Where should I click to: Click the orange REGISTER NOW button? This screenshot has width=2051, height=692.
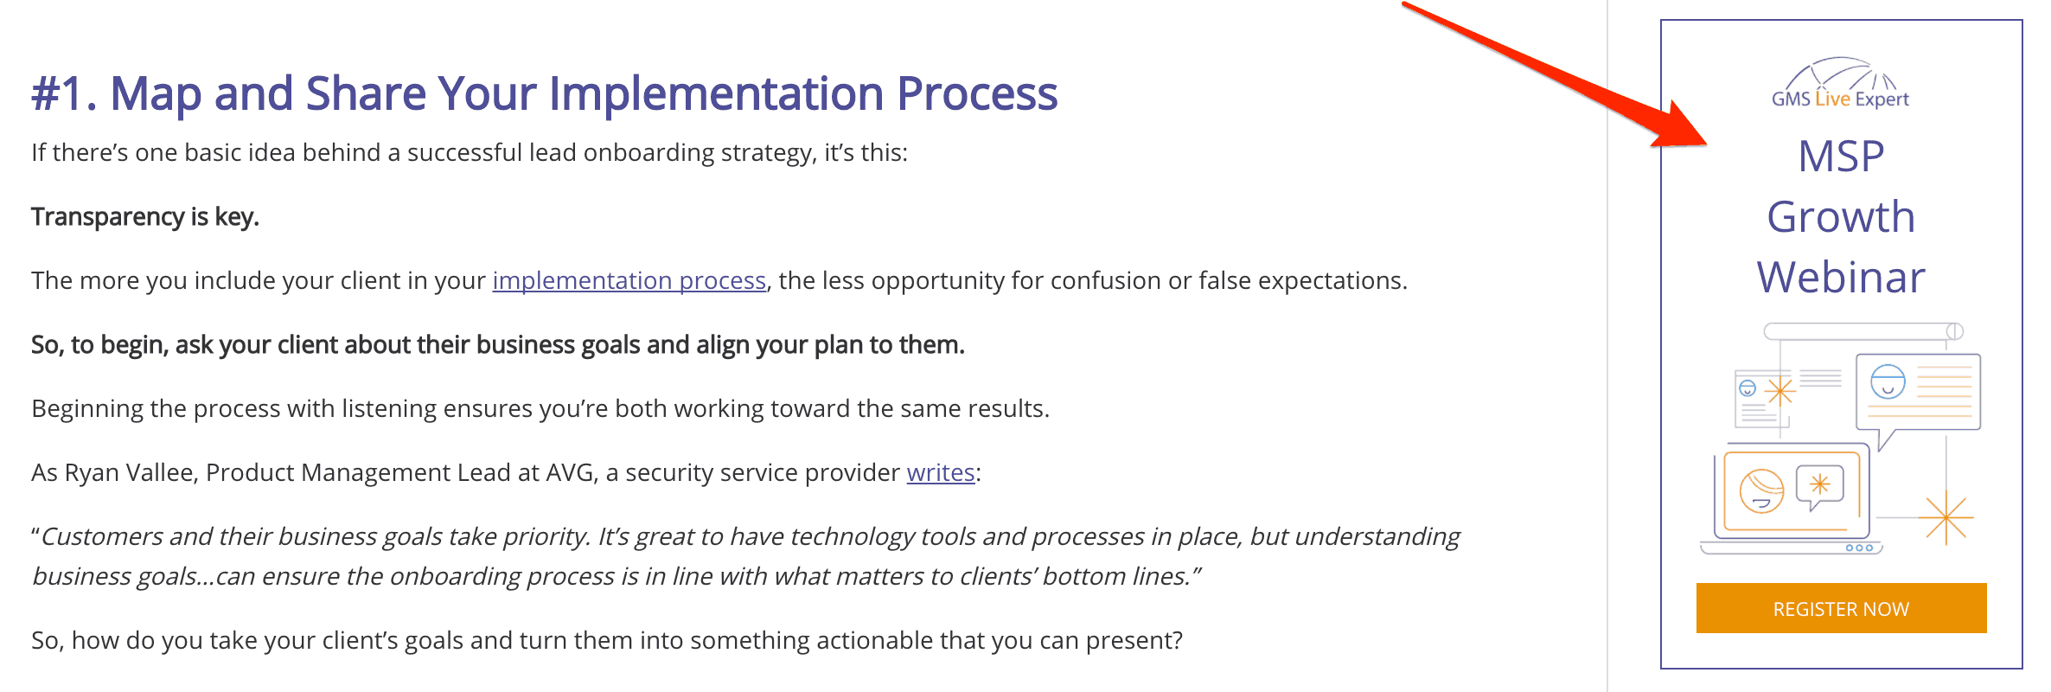click(1841, 608)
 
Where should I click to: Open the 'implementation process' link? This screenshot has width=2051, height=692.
click(629, 280)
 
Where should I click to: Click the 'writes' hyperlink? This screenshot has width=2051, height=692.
click(941, 472)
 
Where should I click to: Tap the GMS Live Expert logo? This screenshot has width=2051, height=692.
click(1840, 84)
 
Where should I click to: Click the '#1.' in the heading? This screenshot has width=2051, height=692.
click(64, 93)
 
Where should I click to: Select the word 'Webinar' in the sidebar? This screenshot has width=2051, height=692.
click(1841, 278)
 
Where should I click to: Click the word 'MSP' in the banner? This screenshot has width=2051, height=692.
click(1841, 157)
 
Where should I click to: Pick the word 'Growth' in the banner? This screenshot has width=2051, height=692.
click(1841, 217)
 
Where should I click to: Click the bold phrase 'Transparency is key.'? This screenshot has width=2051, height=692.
click(145, 216)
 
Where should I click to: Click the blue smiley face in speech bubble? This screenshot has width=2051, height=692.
click(1888, 381)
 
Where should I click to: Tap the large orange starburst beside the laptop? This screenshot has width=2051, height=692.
click(1946, 517)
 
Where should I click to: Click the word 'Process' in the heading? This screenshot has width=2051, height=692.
click(977, 93)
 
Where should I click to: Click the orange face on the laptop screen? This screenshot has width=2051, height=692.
click(1761, 490)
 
